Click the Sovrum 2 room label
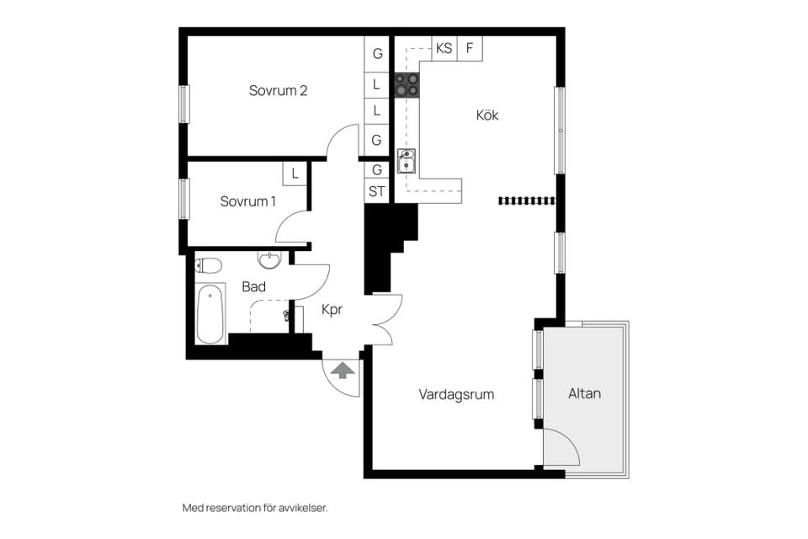[x=277, y=91]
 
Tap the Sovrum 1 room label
[x=247, y=201]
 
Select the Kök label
[x=486, y=115]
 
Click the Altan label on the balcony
[x=584, y=393]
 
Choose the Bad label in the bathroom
[x=253, y=287]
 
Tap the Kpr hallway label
[x=333, y=309]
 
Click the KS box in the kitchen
[x=444, y=49]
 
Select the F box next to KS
[x=470, y=49]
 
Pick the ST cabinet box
[x=376, y=191]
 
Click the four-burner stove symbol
[x=407, y=84]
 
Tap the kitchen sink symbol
[x=407, y=160]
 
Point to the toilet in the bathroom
[x=209, y=266]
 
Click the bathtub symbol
[x=210, y=313]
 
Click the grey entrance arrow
[x=343, y=370]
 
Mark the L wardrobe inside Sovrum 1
[x=294, y=173]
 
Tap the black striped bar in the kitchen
[x=527, y=200]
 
